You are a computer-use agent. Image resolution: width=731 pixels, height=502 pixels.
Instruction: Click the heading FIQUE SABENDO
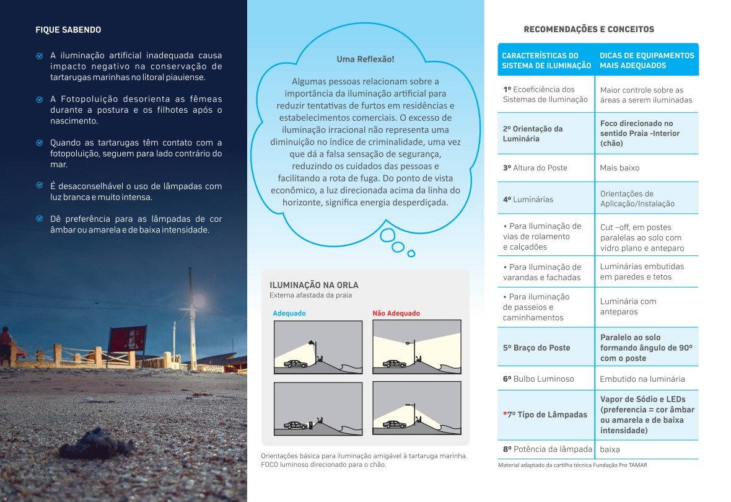click(x=68, y=30)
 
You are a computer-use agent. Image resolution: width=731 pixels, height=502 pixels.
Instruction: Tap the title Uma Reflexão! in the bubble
click(x=365, y=59)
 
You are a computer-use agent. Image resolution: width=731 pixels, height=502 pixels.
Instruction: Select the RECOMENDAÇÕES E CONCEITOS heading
click(x=589, y=29)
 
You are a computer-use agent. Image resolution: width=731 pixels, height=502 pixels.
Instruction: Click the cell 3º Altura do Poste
click(x=535, y=168)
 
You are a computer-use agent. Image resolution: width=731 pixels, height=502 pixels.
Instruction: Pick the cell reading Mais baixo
click(x=619, y=168)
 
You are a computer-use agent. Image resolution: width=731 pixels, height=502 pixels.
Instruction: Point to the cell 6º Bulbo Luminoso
click(x=538, y=379)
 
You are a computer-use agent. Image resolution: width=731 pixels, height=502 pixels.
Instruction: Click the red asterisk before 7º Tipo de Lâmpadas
click(x=505, y=414)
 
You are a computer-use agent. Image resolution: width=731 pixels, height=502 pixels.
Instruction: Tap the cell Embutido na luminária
click(x=642, y=379)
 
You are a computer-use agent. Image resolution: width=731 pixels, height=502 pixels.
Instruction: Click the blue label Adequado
click(x=289, y=314)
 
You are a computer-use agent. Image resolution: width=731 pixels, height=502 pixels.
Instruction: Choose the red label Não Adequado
click(x=396, y=314)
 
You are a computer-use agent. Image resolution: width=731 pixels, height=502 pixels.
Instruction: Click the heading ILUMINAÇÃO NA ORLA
click(x=314, y=285)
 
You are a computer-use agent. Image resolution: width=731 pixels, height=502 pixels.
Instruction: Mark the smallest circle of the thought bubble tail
click(x=411, y=253)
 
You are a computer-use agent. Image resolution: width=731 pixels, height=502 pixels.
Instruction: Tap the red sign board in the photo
click(x=128, y=339)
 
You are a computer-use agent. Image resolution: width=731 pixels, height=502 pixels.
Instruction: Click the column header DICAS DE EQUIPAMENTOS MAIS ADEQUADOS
click(x=646, y=60)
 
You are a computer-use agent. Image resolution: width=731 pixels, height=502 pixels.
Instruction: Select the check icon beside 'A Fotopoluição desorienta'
click(x=40, y=99)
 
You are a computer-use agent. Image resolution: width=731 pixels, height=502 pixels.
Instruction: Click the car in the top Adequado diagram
click(x=294, y=364)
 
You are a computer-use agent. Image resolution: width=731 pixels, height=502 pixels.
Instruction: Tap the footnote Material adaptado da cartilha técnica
click(x=572, y=465)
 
